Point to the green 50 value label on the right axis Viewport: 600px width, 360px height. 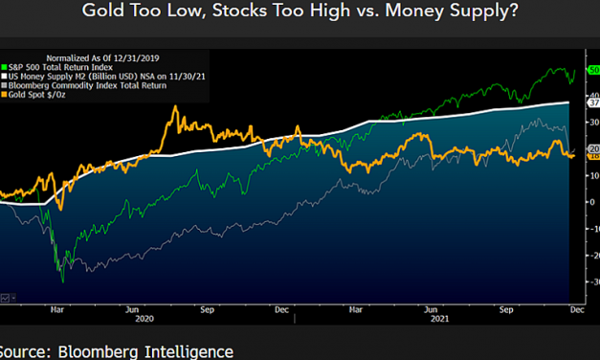pyautogui.click(x=592, y=73)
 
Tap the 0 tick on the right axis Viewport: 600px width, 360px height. pyautogui.click(x=590, y=202)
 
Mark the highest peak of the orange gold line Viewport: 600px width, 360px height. pyautogui.click(x=175, y=107)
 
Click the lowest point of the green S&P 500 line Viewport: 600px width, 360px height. pyautogui.click(x=62, y=281)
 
